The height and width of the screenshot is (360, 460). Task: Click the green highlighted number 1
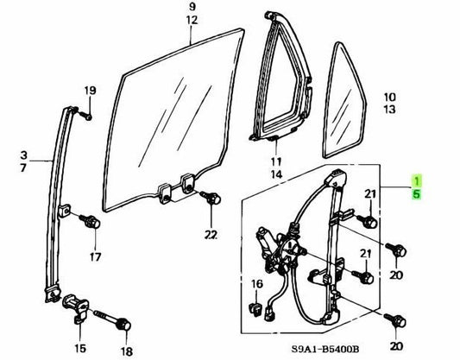[417, 180]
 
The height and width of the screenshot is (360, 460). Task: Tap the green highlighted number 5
[417, 194]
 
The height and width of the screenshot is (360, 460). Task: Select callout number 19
[90, 90]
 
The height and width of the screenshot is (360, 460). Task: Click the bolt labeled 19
[85, 116]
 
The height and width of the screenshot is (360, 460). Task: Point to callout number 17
[96, 256]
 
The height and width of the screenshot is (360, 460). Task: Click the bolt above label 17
[90, 221]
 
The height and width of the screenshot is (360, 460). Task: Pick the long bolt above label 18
[113, 320]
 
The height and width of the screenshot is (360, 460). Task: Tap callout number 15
[79, 348]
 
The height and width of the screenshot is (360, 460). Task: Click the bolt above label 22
[211, 199]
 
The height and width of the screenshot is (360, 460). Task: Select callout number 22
[211, 235]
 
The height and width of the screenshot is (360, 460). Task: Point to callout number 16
[257, 284]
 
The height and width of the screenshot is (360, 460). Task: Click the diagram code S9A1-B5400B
[325, 349]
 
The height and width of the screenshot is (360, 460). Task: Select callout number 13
[389, 110]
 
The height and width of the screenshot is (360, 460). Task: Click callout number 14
[276, 174]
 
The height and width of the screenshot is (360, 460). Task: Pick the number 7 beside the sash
[23, 167]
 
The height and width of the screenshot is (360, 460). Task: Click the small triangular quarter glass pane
[344, 100]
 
